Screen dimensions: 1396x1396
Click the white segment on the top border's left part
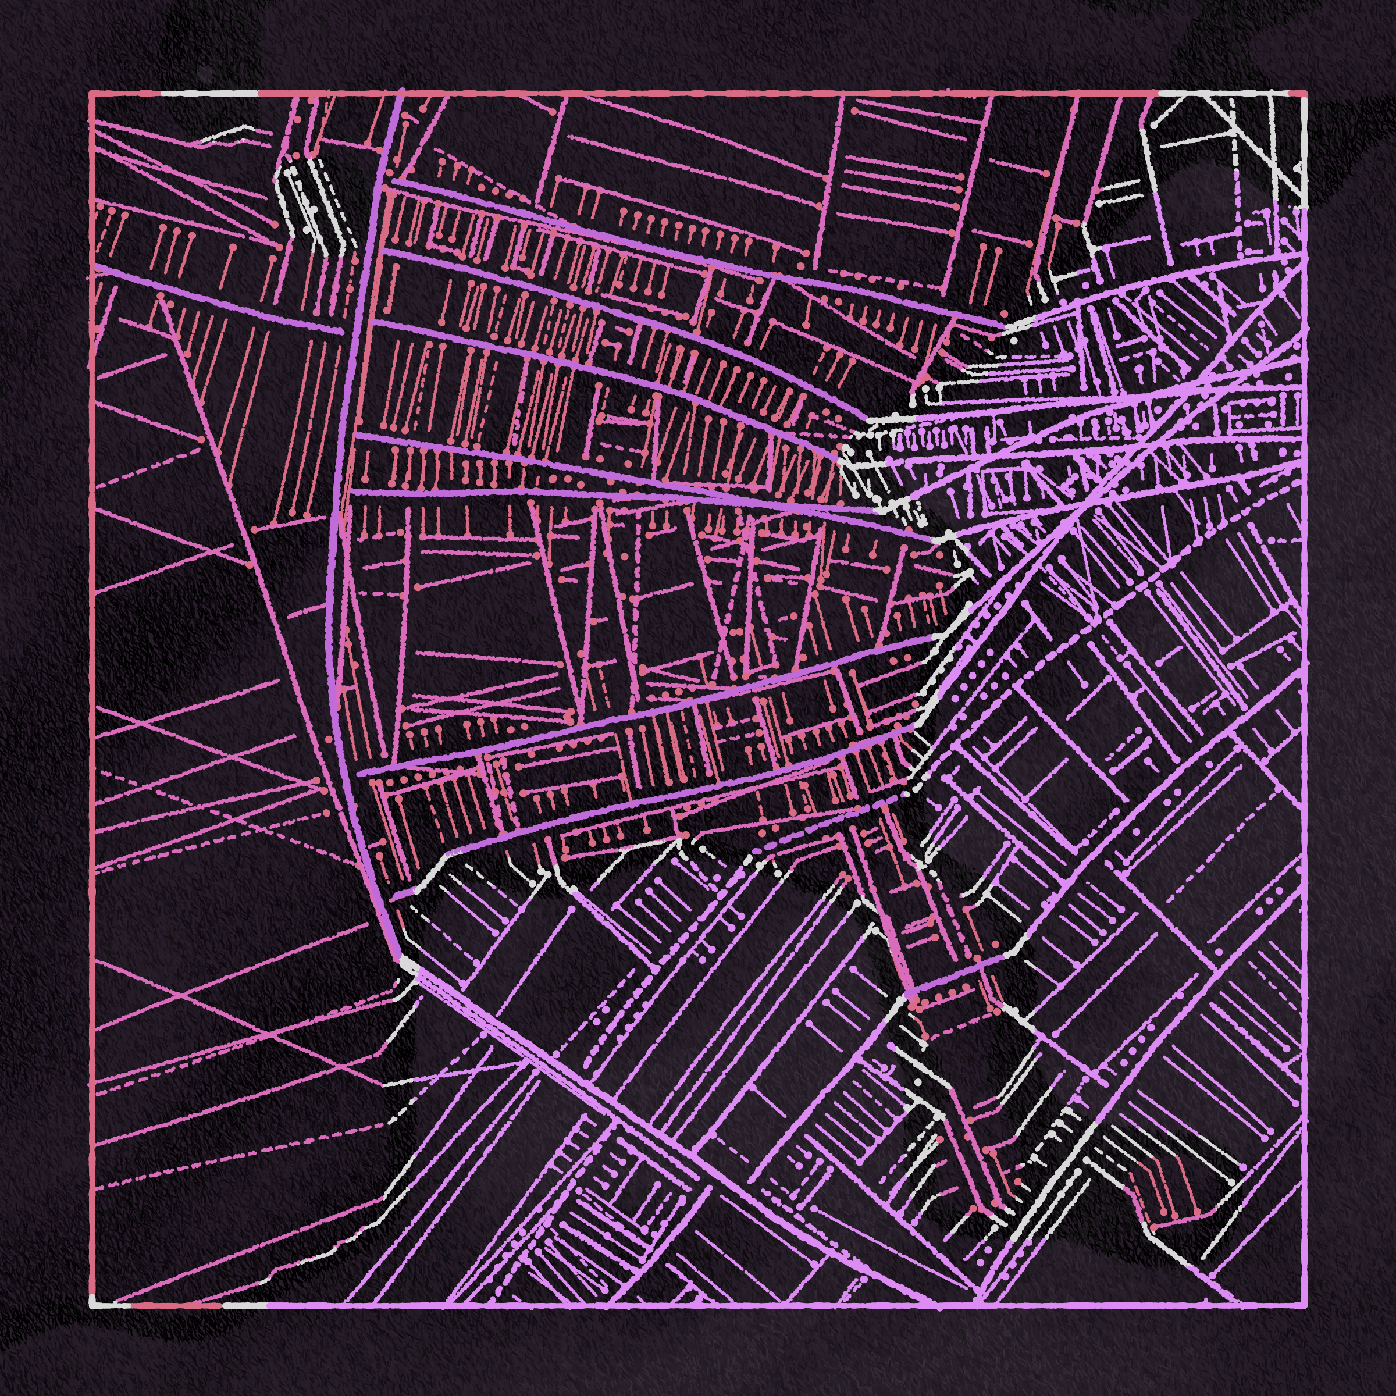(x=209, y=93)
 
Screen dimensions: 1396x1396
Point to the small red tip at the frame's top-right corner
(x=1298, y=93)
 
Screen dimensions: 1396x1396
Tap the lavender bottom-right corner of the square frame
(x=1305, y=1305)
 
